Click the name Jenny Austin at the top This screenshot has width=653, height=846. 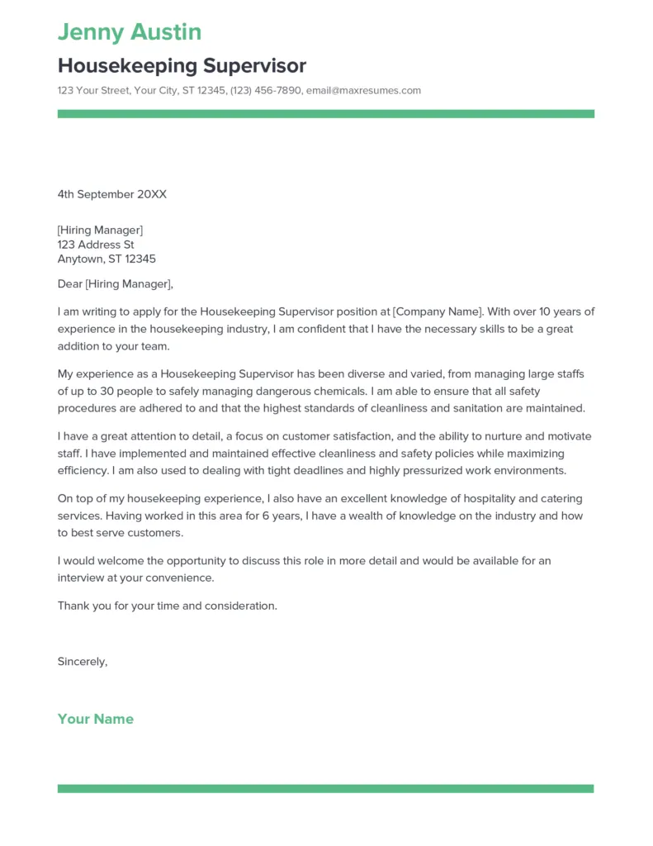pyautogui.click(x=130, y=32)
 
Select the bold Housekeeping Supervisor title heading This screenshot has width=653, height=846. pyautogui.click(x=182, y=66)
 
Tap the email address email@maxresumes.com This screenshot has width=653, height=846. pyautogui.click(x=363, y=90)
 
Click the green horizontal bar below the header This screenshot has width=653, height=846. pyautogui.click(x=326, y=114)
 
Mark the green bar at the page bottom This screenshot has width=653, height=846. pyautogui.click(x=326, y=789)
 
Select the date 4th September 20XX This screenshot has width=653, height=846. pyautogui.click(x=112, y=194)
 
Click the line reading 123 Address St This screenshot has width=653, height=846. pyautogui.click(x=96, y=245)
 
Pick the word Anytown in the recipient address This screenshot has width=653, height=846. pyautogui.click(x=80, y=259)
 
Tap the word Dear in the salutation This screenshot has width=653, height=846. pyautogui.click(x=70, y=284)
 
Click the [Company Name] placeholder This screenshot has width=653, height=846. pyautogui.click(x=438, y=312)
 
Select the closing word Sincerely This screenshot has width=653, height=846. pyautogui.click(x=82, y=661)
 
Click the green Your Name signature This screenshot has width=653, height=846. pyautogui.click(x=96, y=719)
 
